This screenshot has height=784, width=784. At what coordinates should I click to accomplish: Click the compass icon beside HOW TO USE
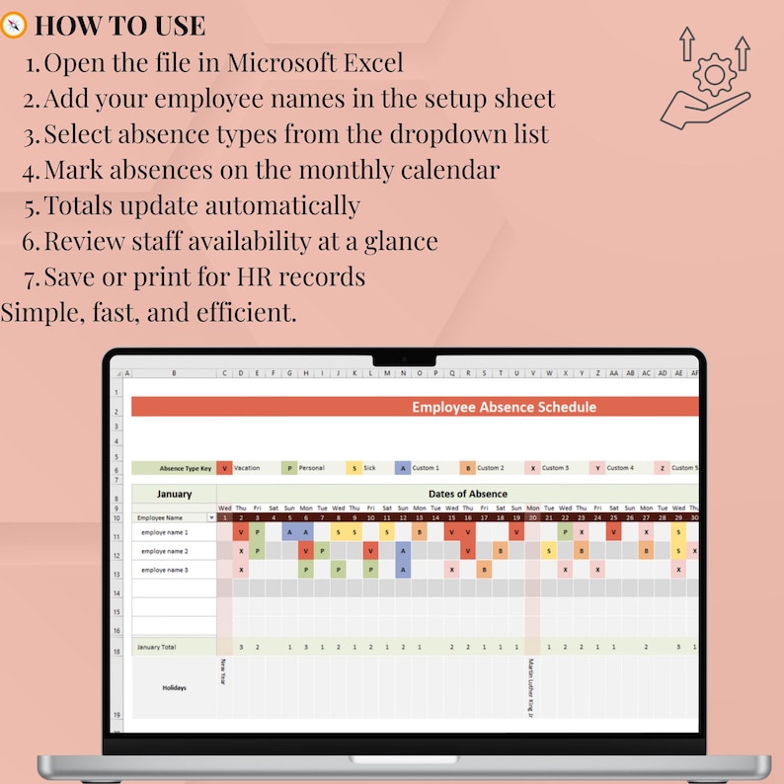coord(14,26)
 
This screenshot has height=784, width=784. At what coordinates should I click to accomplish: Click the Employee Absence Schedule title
coord(504,407)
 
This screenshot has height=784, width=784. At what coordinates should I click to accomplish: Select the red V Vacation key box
coord(225,468)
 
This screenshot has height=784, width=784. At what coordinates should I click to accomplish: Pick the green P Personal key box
coord(289,468)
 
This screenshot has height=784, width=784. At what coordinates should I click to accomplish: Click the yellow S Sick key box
coord(353,468)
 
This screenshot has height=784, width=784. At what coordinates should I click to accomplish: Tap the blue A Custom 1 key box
coord(402,468)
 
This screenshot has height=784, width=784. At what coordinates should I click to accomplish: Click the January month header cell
coord(174,494)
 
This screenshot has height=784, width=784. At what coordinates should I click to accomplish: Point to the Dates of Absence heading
coord(468,494)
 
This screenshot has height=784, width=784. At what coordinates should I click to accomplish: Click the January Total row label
coord(156,648)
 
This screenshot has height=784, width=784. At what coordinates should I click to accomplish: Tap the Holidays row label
coord(174,687)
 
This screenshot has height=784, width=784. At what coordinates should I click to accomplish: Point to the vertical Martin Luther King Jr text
coord(531,685)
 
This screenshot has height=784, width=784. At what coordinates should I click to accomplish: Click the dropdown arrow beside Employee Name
coord(210,517)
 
